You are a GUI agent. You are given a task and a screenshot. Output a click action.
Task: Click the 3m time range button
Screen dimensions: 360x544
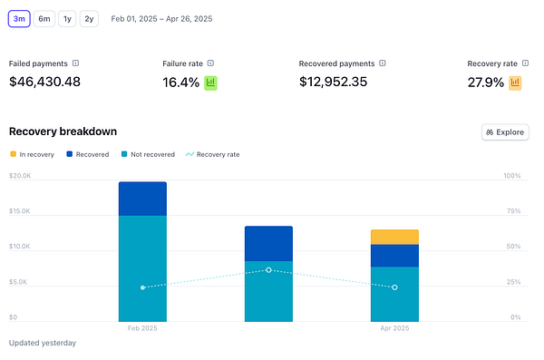point(20,18)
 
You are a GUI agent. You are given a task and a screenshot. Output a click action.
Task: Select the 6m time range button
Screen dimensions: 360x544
point(44,18)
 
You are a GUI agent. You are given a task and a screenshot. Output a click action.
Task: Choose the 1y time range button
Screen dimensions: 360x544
point(67,18)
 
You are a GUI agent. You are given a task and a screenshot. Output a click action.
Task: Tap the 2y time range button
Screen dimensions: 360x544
point(89,18)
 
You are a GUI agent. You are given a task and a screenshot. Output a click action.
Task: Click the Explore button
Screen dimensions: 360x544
point(505,132)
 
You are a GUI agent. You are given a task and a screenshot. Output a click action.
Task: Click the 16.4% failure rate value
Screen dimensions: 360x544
point(180,83)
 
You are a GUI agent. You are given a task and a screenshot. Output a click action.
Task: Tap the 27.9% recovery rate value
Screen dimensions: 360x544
point(485,83)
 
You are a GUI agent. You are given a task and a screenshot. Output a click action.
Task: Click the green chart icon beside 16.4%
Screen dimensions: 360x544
point(211,83)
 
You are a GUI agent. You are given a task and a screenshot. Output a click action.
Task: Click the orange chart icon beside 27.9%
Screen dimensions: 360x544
point(515,83)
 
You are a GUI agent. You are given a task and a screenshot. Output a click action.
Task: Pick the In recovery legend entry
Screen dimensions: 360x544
point(32,155)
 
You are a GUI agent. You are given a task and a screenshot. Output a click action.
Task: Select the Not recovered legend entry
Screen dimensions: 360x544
point(148,155)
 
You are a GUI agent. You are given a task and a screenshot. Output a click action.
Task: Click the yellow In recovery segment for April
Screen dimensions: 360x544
point(394,237)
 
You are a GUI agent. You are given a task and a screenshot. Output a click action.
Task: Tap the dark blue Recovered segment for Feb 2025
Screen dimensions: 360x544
point(142,199)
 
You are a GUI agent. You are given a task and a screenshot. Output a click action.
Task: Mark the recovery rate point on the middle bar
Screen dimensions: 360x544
point(268,269)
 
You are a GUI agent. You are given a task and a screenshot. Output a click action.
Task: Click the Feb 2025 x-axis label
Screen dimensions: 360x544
point(142,327)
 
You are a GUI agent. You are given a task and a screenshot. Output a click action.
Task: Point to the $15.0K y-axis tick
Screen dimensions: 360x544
point(20,210)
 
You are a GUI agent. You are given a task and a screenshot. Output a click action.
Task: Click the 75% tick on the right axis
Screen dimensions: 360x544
point(512,210)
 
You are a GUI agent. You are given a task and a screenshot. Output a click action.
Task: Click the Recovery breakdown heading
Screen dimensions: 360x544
point(63,131)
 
